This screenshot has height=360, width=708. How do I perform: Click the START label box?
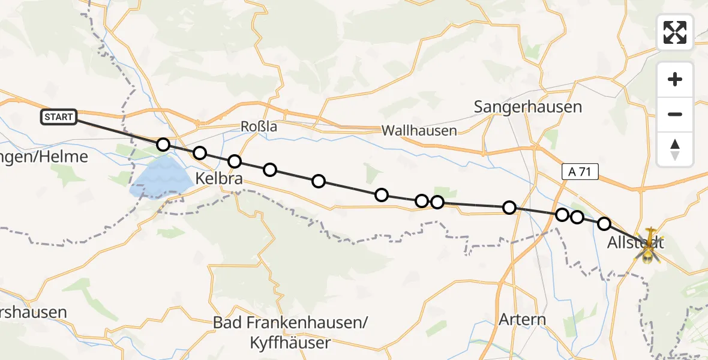(59, 117)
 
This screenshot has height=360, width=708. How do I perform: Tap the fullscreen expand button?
(675, 32)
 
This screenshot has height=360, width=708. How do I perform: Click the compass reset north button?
(675, 149)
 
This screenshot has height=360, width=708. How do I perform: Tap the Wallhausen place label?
(419, 130)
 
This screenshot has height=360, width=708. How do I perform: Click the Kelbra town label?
(220, 178)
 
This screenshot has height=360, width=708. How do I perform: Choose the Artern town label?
(523, 319)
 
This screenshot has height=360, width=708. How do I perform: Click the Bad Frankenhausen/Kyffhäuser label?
(290, 332)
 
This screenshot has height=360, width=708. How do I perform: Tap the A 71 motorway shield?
(580, 172)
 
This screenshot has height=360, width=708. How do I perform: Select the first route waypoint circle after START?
(163, 145)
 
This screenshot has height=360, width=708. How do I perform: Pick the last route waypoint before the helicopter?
(604, 224)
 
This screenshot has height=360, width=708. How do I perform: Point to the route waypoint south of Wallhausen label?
(422, 201)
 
